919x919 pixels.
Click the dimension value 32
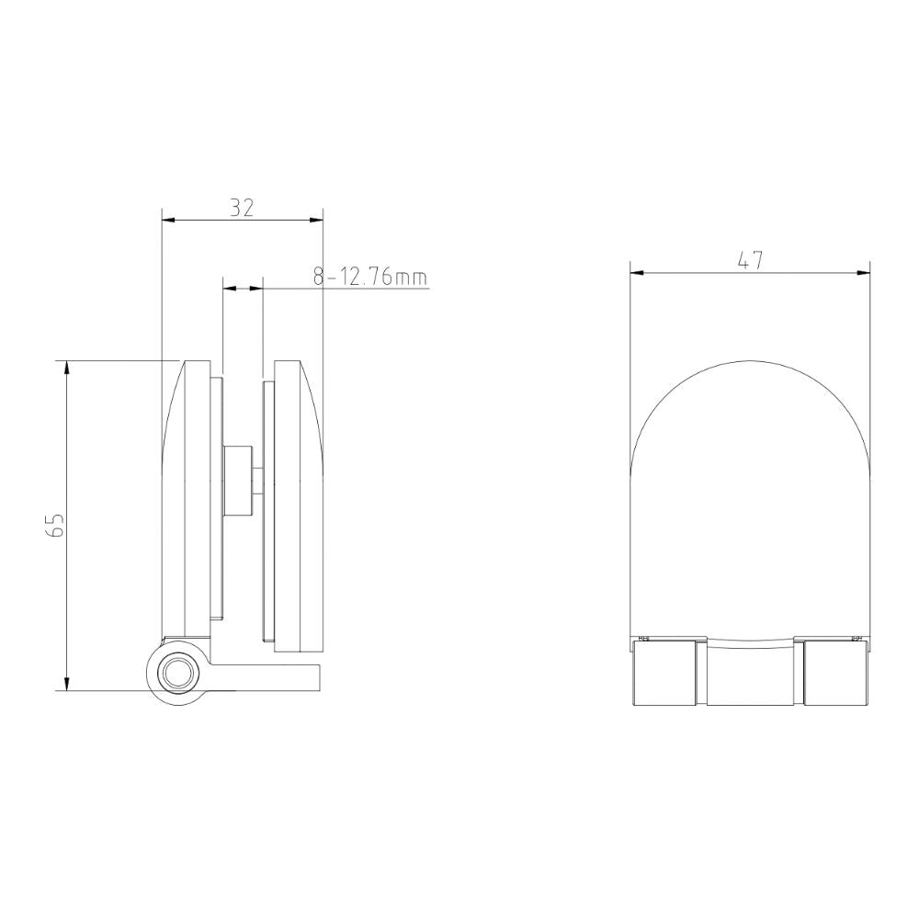coord(242,208)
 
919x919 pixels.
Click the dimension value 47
coord(751,260)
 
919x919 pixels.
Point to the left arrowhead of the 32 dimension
coord(167,220)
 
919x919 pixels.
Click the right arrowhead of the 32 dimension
coord(318,220)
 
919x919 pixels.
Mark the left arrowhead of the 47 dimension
coord(635,272)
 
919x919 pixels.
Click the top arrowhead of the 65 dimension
coord(66,367)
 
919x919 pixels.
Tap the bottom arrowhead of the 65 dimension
coord(66,684)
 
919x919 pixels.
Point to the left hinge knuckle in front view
coord(664,673)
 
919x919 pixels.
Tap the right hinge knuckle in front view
coord(835,673)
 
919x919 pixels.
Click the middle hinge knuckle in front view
coord(749,673)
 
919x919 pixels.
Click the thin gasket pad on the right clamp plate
coord(267,510)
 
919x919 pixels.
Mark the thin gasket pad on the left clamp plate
coord(216,496)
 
